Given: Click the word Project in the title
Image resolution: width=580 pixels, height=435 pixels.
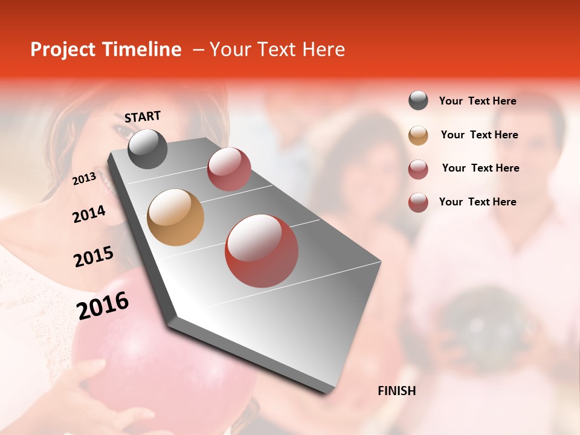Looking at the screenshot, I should coord(63,50).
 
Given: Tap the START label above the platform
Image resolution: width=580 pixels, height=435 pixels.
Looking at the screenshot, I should coord(143,117).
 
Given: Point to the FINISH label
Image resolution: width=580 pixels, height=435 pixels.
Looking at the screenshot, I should coord(397,391).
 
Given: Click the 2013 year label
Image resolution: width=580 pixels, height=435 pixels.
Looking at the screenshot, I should coord(84,179).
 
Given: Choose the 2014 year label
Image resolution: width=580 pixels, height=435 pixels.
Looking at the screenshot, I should coord(89,214).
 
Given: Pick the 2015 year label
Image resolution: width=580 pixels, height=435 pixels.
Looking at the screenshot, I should coord(94,256).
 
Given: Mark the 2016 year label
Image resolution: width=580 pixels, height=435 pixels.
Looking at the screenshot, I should coord(103,305).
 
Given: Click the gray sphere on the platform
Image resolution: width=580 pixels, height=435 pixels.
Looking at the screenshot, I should coord(148,149).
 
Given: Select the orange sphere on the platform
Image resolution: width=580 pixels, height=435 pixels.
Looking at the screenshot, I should coord(176,217).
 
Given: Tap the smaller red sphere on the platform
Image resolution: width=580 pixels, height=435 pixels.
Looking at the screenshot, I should coord(229,169).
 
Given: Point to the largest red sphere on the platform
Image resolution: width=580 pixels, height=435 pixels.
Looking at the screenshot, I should coord(262,251).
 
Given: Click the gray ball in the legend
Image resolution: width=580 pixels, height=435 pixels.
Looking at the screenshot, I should coord(418,101).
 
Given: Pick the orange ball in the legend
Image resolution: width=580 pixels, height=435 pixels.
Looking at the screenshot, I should coord(418,135).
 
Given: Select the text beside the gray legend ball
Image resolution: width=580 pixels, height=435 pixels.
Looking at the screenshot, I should coord(477,101).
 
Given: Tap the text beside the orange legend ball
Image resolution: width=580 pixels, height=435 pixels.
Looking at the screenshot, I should coord(479,135).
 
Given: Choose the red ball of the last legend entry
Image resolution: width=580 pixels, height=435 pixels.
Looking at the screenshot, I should coord(418,202).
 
